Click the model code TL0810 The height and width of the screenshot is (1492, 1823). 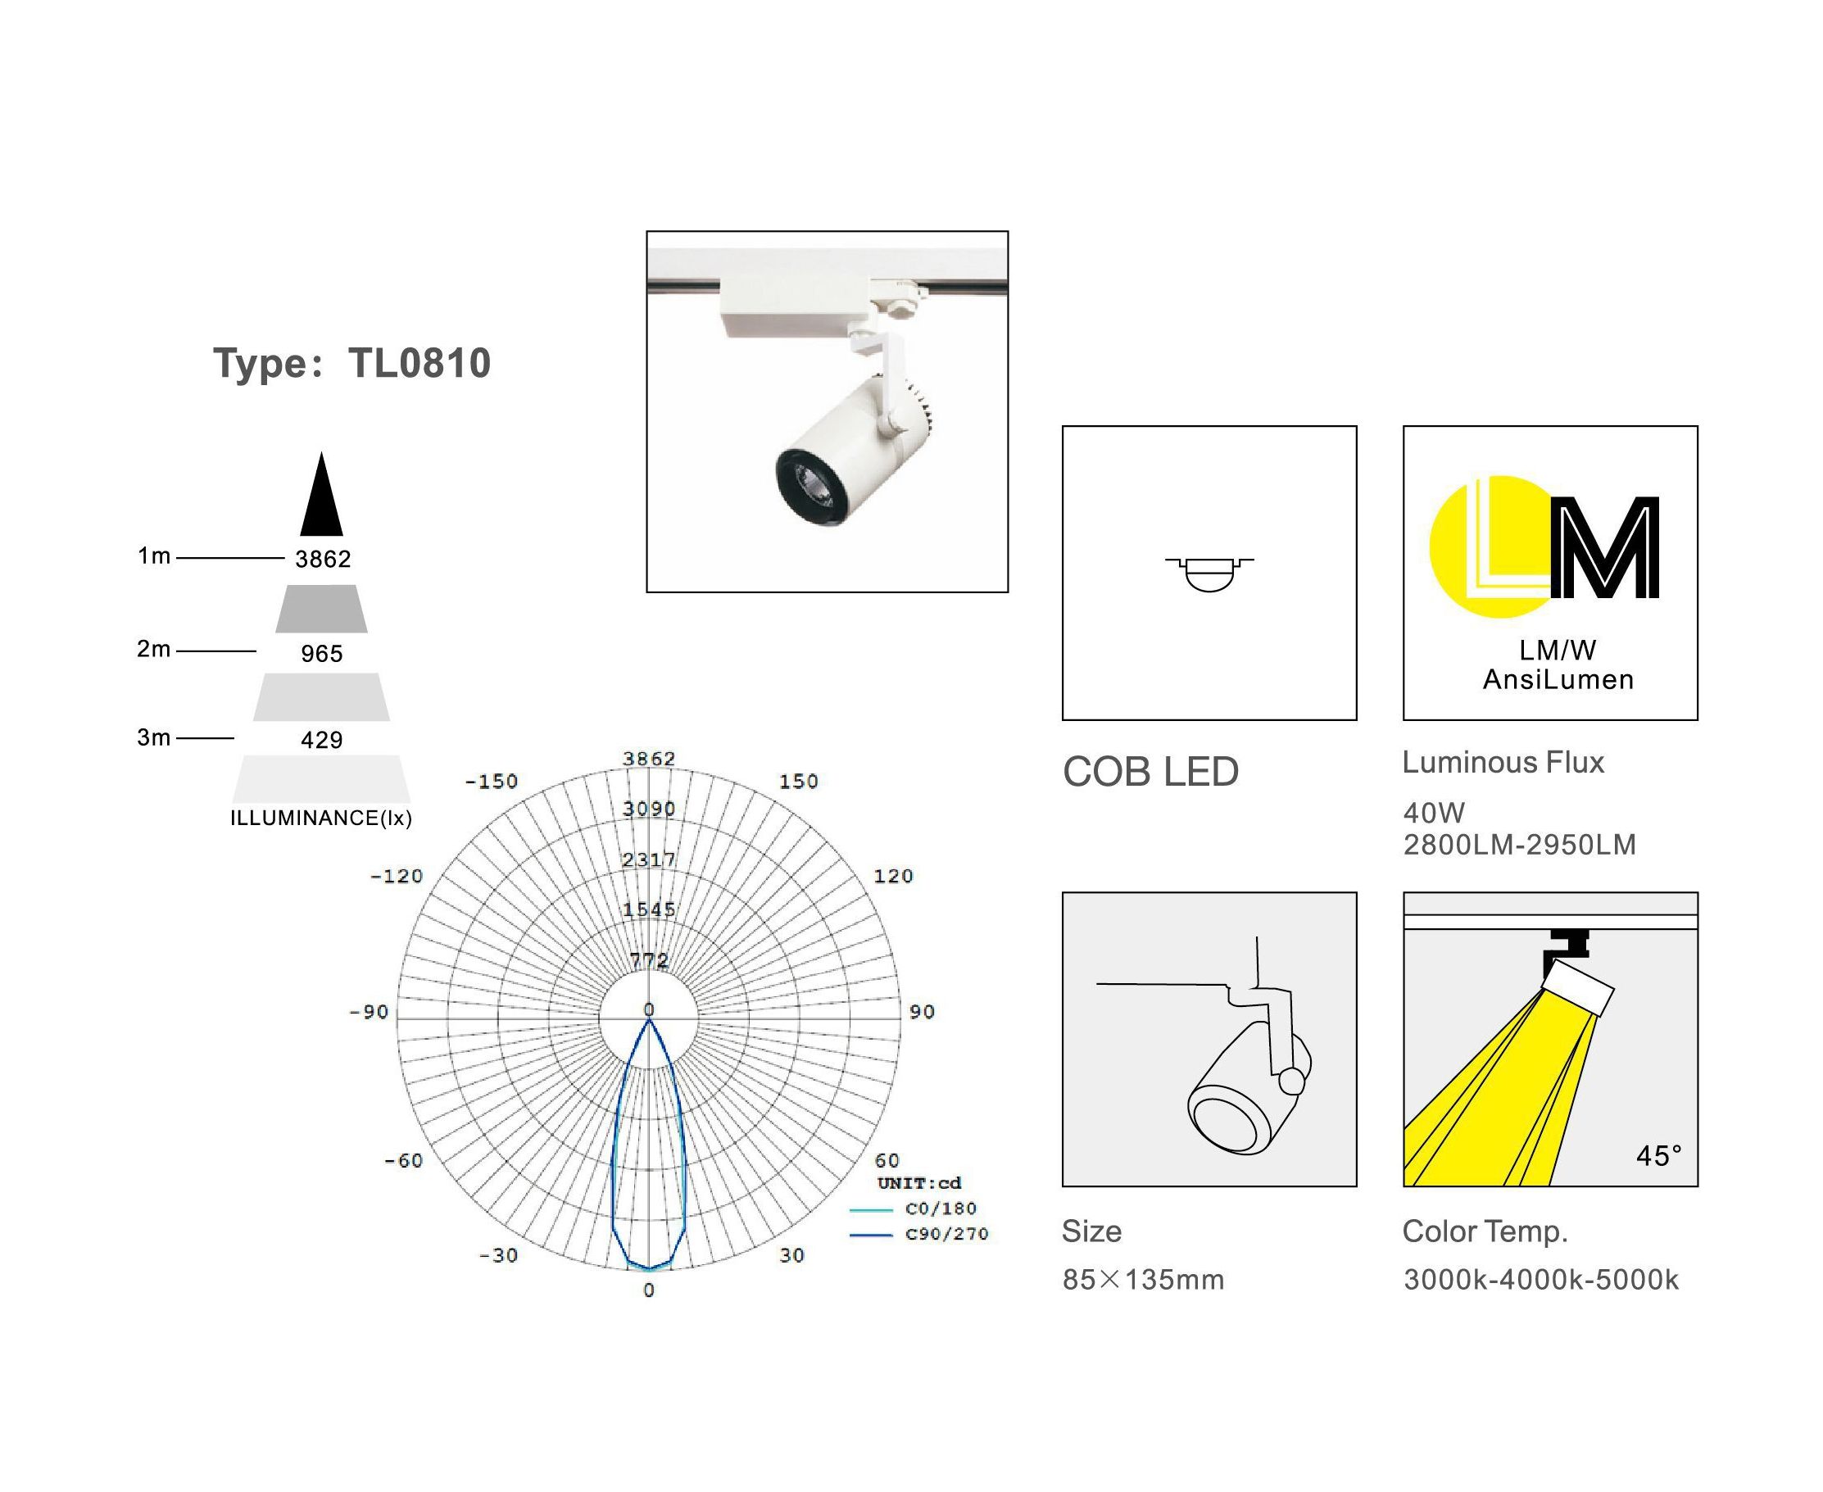(419, 364)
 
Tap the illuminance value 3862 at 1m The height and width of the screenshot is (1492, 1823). (323, 560)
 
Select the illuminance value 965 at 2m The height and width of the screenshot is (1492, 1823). (322, 654)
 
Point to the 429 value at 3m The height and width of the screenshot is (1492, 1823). (322, 740)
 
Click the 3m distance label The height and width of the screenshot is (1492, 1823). (154, 737)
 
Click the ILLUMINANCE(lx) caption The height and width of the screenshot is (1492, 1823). (321, 819)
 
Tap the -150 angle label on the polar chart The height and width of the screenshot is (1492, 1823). (491, 782)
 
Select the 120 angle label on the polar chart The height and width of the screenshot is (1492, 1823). (893, 876)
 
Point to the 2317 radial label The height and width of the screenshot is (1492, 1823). (650, 859)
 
